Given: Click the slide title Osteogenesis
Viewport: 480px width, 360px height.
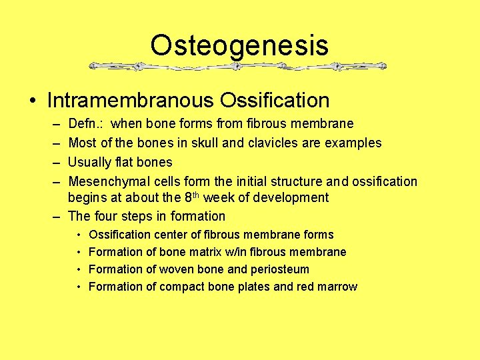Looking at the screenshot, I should [x=239, y=45].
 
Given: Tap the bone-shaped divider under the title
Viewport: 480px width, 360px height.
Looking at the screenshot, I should [x=238, y=67].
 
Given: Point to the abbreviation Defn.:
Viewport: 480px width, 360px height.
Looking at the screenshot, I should [x=86, y=124].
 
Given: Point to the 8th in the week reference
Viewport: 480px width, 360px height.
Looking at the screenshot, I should [x=191, y=197].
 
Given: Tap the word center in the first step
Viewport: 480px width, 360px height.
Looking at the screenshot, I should [x=171, y=235].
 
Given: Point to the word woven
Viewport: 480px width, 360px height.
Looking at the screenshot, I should [x=170, y=269].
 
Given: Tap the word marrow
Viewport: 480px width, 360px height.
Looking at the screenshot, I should [x=338, y=287].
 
